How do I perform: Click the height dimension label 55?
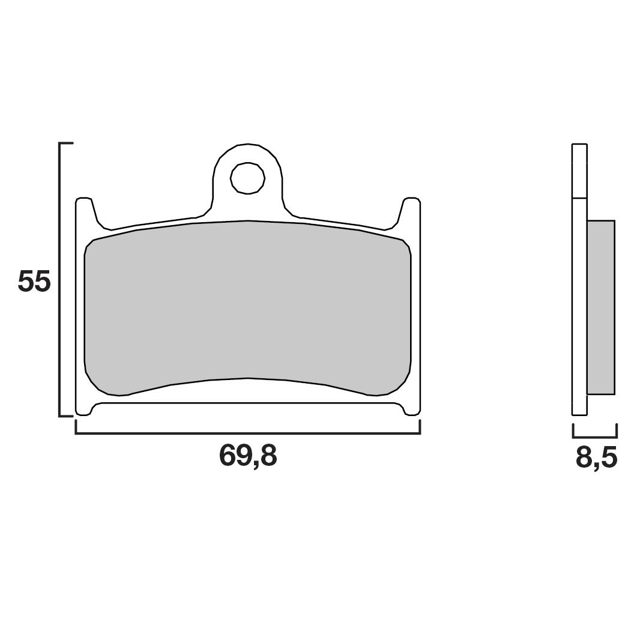click(x=34, y=282)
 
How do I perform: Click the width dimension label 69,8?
click(x=248, y=456)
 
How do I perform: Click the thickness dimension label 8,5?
click(x=596, y=458)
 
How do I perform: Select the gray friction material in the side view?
click(x=600, y=307)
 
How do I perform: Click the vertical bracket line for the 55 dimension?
click(x=59, y=279)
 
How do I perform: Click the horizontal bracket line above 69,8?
click(x=247, y=433)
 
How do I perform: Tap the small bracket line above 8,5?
click(x=595, y=437)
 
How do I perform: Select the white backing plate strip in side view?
click(x=579, y=306)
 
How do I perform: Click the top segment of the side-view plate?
click(x=579, y=171)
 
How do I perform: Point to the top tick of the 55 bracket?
click(x=66, y=144)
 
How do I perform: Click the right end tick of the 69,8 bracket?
click(x=420, y=427)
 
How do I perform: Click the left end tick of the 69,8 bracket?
click(x=76, y=427)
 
